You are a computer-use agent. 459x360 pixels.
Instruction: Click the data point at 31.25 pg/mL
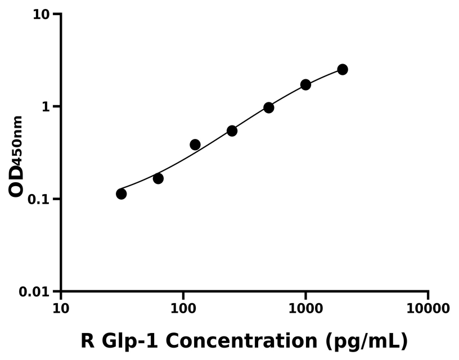click(x=121, y=193)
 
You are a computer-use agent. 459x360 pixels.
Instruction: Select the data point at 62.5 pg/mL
click(x=158, y=178)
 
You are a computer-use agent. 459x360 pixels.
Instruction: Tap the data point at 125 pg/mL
click(x=195, y=145)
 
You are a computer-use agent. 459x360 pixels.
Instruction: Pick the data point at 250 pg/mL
click(x=232, y=130)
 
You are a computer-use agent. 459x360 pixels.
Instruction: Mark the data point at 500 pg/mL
click(x=269, y=107)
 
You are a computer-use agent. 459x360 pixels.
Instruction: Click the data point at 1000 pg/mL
click(x=305, y=84)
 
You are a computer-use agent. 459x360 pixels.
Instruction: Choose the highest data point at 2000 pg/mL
click(x=343, y=69)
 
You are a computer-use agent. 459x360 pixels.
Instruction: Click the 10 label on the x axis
click(x=61, y=309)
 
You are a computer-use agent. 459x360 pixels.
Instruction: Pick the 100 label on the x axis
click(x=183, y=309)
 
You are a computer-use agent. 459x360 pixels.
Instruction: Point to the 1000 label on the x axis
click(x=305, y=309)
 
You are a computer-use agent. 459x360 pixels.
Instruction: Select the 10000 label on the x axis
click(x=427, y=309)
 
